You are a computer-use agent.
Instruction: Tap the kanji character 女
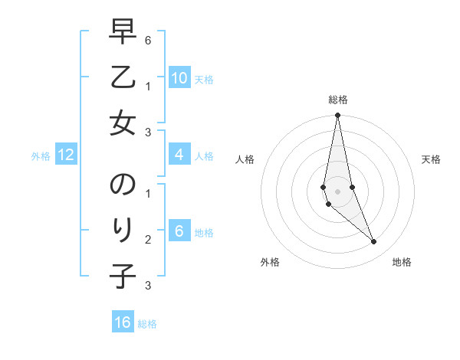point(123,123)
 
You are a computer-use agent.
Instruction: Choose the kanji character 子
point(123,274)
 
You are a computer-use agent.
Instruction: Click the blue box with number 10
point(179,78)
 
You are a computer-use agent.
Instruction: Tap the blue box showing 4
point(179,155)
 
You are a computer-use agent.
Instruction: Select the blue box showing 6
point(179,231)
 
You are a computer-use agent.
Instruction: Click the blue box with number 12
point(66,155)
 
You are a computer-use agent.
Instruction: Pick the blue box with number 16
point(123,322)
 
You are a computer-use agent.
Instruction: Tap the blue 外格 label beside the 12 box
point(41,156)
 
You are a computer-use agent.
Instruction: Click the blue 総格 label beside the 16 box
point(147,324)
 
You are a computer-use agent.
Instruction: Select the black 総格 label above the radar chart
point(337,100)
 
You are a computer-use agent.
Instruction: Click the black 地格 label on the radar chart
point(402,262)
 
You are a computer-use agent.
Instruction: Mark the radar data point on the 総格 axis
point(337,115)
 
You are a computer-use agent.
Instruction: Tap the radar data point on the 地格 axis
point(374,242)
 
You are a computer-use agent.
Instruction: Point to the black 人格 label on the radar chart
point(245,159)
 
